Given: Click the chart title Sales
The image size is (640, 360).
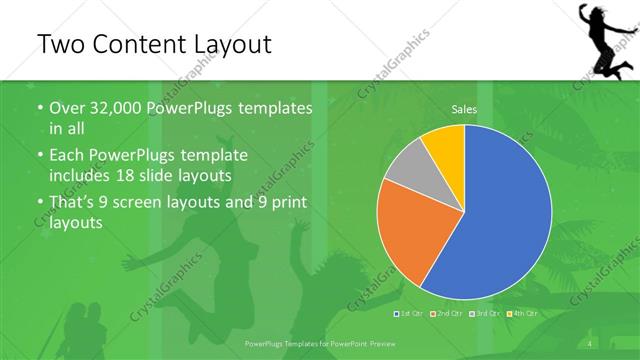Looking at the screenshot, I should coord(464,108).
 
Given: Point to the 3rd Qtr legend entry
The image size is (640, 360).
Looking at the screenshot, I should coord(486,315).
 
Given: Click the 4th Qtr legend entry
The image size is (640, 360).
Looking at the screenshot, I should coord(525,315).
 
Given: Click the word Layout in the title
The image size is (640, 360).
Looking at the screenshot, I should coord(227,44).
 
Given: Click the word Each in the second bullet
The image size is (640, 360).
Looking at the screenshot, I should coord(67,156).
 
